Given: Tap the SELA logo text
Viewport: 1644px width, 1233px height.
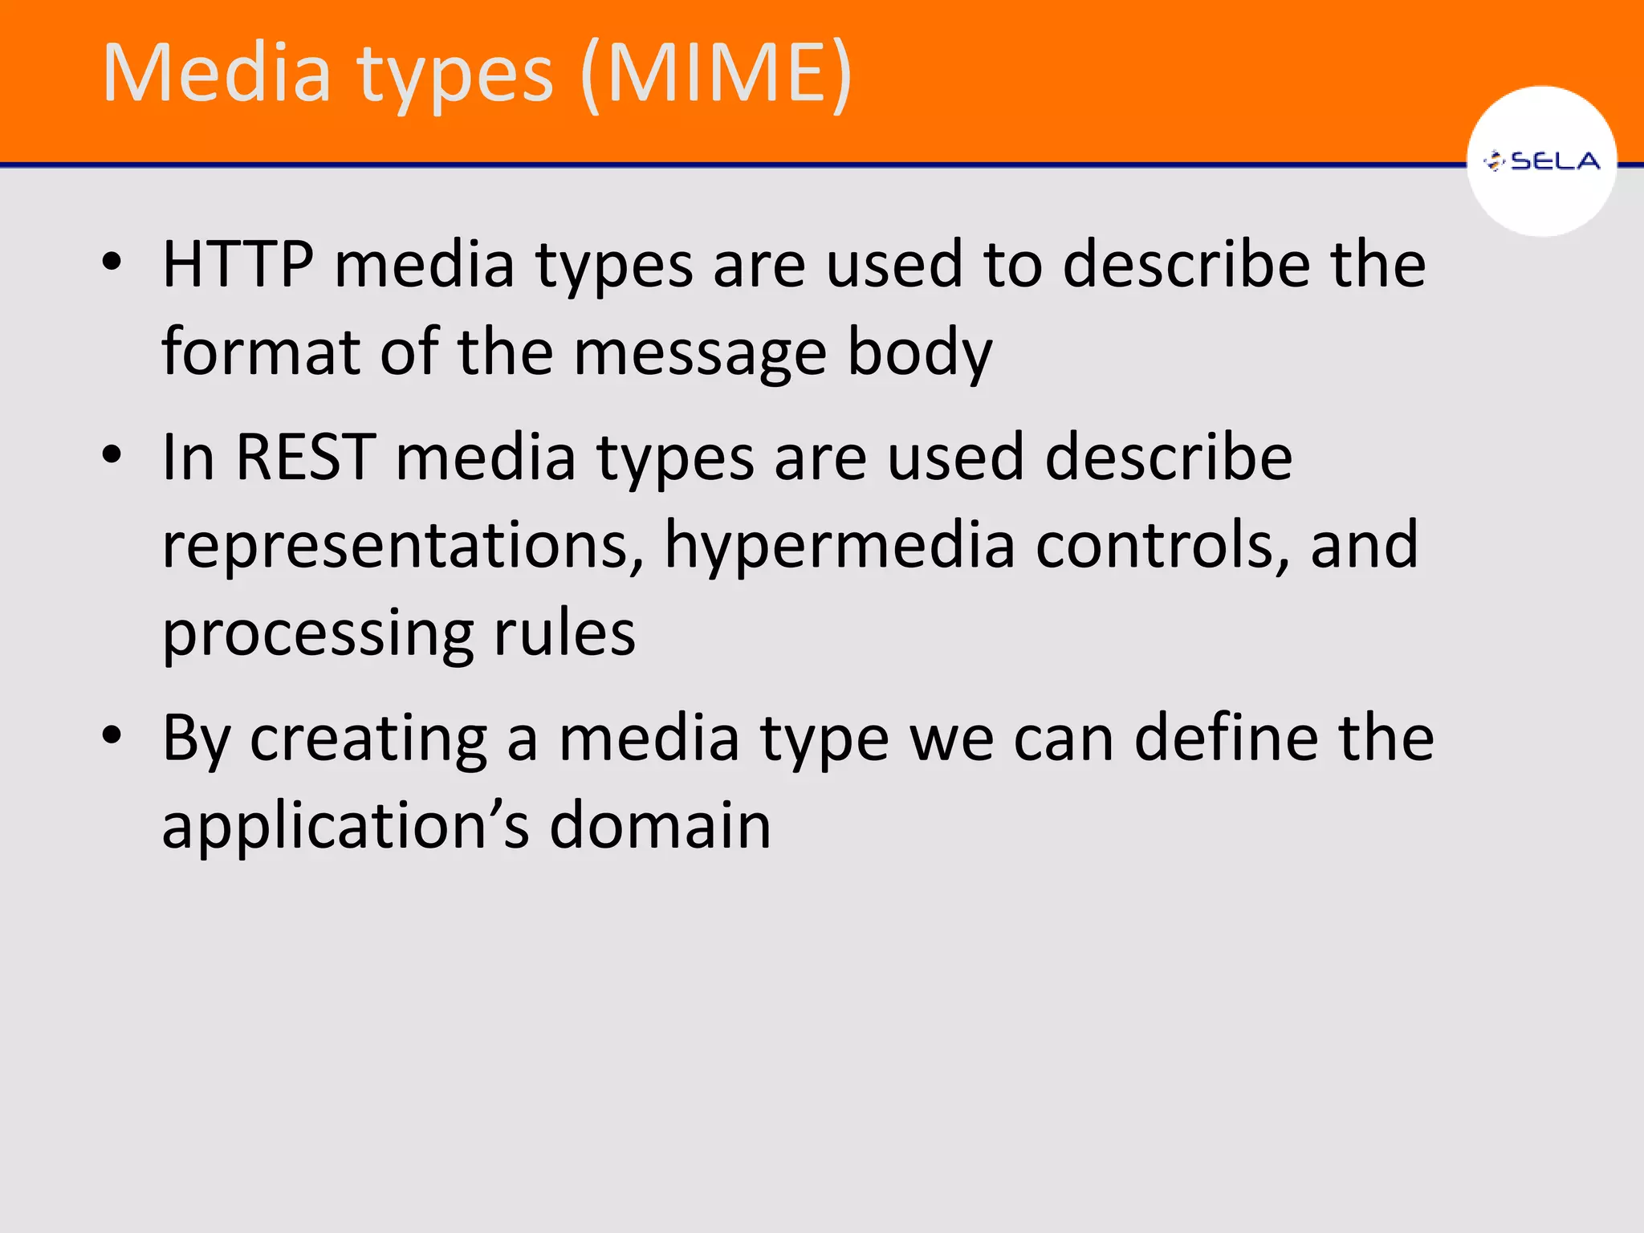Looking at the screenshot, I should [1554, 162].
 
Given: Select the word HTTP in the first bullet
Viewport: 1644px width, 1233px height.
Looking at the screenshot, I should [238, 265].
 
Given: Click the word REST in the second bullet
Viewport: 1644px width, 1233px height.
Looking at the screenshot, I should [305, 458].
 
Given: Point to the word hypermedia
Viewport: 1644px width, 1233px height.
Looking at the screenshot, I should [840, 546].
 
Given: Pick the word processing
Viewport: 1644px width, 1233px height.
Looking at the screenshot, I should [318, 634].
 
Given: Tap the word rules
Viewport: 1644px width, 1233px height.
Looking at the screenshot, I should [564, 634].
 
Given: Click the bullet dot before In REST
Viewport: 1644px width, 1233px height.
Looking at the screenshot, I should [112, 455].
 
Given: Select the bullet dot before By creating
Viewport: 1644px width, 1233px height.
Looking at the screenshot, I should [112, 735].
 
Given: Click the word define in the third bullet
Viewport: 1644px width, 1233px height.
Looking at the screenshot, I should [1225, 739].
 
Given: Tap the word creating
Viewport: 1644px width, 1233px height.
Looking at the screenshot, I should [368, 739].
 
